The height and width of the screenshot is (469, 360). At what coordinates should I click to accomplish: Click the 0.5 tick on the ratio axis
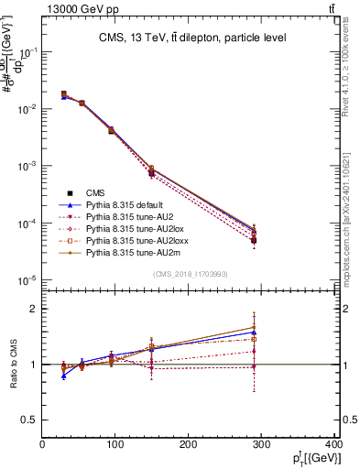[30, 420]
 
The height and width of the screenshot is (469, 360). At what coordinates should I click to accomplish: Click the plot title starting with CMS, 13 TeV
[192, 38]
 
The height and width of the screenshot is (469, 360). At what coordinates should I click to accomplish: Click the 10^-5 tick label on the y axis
[27, 280]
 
